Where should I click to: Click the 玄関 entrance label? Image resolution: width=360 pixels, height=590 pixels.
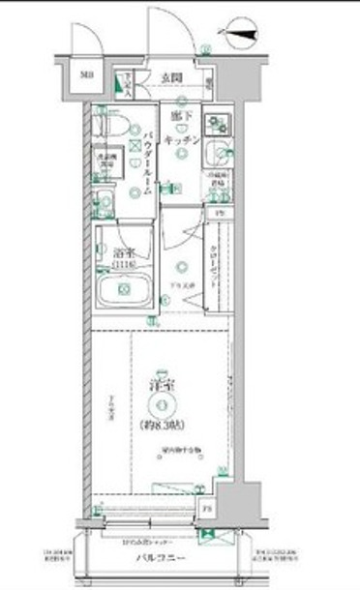click(x=173, y=76)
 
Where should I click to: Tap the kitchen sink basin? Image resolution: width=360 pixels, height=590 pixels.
click(x=219, y=152)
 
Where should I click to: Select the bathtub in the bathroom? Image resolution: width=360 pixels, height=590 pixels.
click(x=125, y=288)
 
